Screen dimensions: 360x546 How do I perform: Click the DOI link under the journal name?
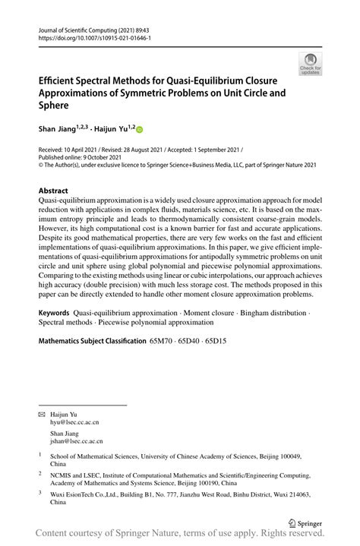pyautogui.click(x=90, y=36)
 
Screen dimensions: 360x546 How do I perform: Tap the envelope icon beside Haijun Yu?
pyautogui.click(x=42, y=413)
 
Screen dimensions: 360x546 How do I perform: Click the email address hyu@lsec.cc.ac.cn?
pyautogui.click(x=74, y=421)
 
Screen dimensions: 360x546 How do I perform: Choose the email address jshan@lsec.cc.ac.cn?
pyautogui.click(x=77, y=440)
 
